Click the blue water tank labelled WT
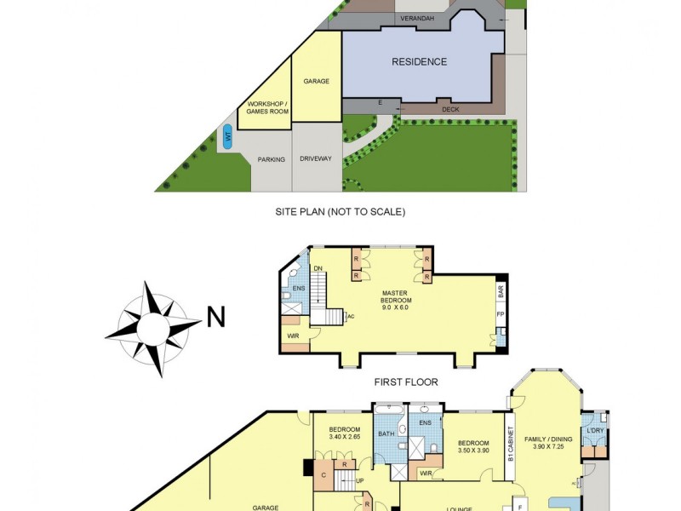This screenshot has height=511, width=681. (227, 135)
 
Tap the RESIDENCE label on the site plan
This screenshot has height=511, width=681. (419, 61)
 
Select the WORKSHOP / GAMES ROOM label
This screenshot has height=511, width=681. (267, 108)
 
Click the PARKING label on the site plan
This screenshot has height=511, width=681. (272, 159)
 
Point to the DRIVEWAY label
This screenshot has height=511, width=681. (316, 159)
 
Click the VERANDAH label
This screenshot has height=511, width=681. (417, 17)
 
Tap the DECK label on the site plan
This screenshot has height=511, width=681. (450, 109)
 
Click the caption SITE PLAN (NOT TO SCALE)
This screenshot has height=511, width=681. (340, 211)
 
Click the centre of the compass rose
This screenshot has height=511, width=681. (155, 327)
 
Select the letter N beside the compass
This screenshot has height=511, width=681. (216, 317)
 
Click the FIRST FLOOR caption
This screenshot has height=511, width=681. (406, 382)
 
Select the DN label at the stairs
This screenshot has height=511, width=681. (318, 269)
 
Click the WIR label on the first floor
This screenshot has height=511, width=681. (294, 337)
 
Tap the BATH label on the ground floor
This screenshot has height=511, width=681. (386, 434)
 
